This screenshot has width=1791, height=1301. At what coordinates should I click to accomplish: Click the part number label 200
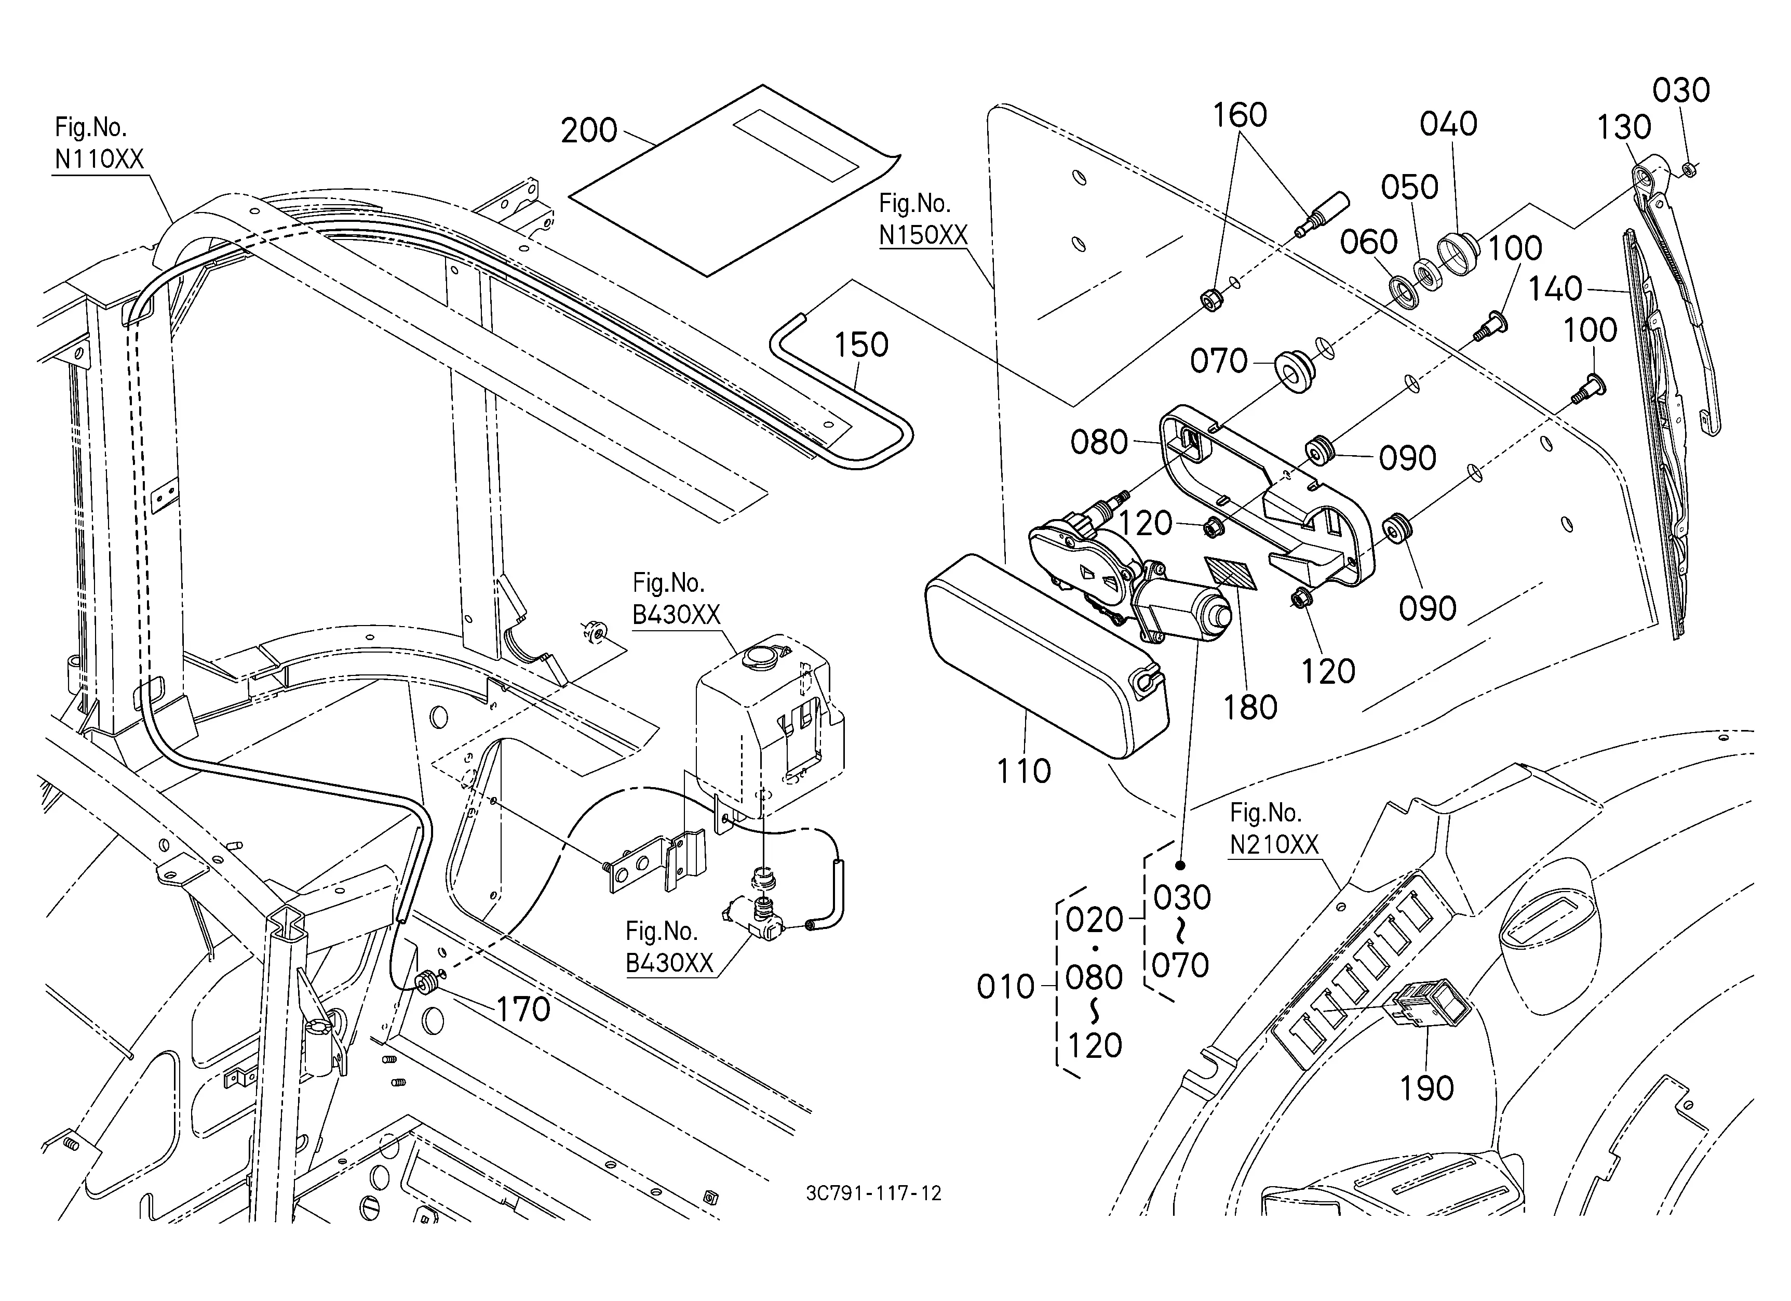(589, 130)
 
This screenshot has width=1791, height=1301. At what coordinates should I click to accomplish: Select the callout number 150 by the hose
(861, 345)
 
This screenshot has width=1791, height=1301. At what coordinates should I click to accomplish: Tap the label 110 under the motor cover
(1024, 771)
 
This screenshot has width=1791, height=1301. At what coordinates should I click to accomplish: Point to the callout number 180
(1250, 708)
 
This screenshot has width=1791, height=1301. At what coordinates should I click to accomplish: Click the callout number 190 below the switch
(1427, 1088)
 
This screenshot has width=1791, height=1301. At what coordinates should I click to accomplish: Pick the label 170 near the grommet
(523, 1010)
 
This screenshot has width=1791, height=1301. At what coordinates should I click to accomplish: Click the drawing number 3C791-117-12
(873, 1193)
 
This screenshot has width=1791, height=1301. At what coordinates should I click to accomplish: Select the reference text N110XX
(100, 160)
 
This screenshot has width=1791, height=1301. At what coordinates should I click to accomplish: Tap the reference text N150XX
(923, 235)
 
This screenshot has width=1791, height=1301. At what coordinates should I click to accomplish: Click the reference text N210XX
(1274, 845)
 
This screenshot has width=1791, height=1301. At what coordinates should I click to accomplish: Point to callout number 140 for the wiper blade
(1555, 289)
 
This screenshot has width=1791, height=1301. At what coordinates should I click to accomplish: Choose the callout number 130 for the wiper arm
(1624, 127)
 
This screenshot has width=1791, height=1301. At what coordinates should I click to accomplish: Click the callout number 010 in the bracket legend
(1005, 987)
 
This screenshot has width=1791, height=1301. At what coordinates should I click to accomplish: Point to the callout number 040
(1448, 124)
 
